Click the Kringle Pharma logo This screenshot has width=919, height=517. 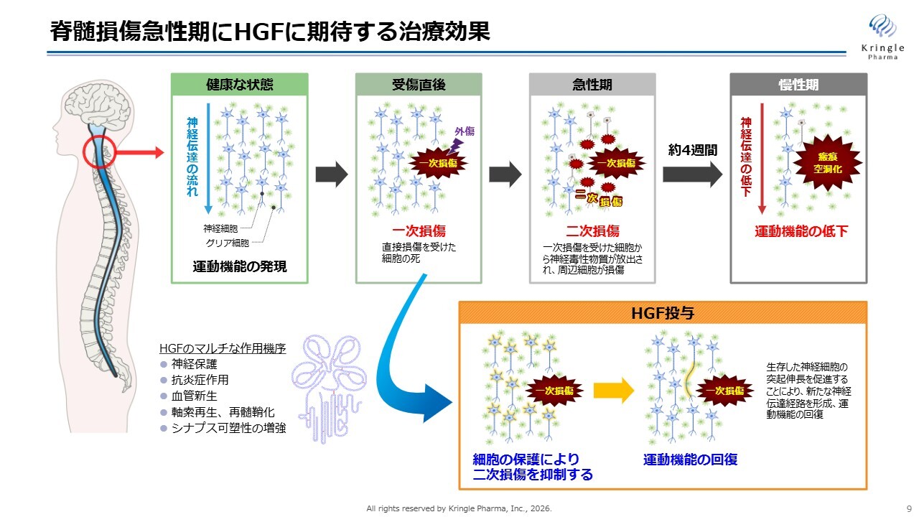(882, 37)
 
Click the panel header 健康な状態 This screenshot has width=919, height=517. (240, 85)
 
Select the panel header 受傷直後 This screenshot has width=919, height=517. (419, 85)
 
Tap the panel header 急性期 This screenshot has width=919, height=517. (592, 85)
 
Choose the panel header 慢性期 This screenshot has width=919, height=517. (798, 85)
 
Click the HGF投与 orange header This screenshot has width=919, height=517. (663, 313)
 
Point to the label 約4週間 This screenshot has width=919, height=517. (693, 150)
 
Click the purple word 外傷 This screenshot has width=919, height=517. (465, 131)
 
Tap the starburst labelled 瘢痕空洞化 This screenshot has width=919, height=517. (827, 162)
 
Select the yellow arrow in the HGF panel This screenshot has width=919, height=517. (613, 391)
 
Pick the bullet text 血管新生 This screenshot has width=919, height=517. (194, 396)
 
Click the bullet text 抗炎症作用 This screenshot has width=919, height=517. (200, 380)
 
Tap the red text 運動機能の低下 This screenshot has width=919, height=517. (801, 231)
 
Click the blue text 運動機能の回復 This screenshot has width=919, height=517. (690, 460)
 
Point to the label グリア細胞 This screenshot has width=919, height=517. (227, 243)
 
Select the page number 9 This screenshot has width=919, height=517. (909, 508)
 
